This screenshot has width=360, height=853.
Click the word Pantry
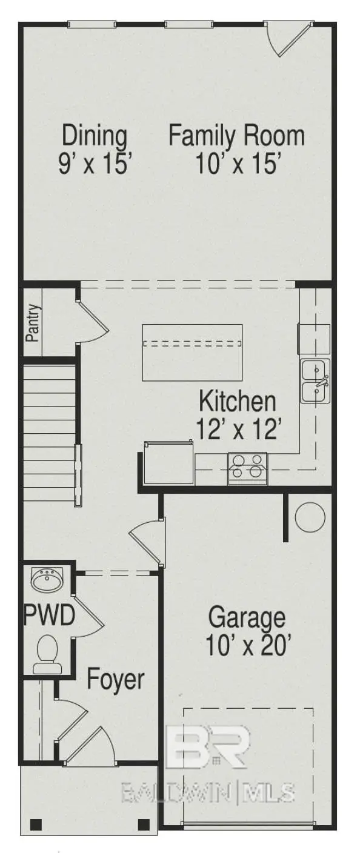[33, 323]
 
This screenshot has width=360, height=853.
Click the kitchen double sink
[315, 380]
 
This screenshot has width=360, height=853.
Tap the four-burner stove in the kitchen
[248, 468]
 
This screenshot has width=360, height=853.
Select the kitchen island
[192, 352]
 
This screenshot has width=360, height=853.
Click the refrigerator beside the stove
[168, 462]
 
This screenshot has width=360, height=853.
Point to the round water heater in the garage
[310, 517]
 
